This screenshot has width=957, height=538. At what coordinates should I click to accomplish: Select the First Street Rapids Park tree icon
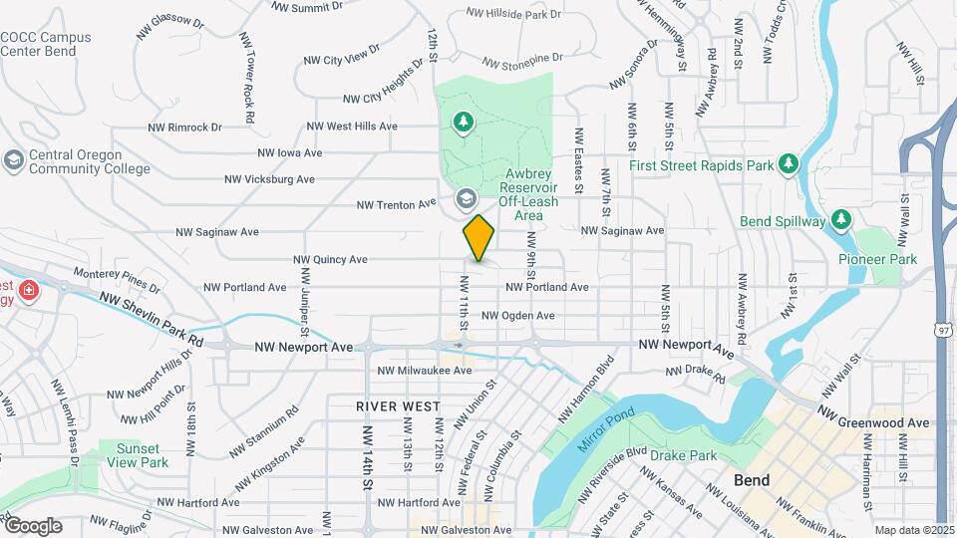(x=789, y=162)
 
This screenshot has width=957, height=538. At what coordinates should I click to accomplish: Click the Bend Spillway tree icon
(x=841, y=218)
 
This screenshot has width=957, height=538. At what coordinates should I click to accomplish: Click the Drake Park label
(x=683, y=456)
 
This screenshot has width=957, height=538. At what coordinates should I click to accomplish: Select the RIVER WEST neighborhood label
(x=398, y=406)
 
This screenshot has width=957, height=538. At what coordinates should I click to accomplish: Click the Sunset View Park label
(x=140, y=455)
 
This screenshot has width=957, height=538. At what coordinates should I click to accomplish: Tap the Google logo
(x=33, y=525)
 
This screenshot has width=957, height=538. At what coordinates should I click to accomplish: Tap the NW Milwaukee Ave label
(x=424, y=371)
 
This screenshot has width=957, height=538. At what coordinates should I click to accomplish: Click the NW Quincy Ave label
(x=330, y=260)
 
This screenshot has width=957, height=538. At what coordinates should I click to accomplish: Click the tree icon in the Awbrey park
(x=463, y=122)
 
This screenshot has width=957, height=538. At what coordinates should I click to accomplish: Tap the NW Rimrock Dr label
(x=184, y=128)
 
